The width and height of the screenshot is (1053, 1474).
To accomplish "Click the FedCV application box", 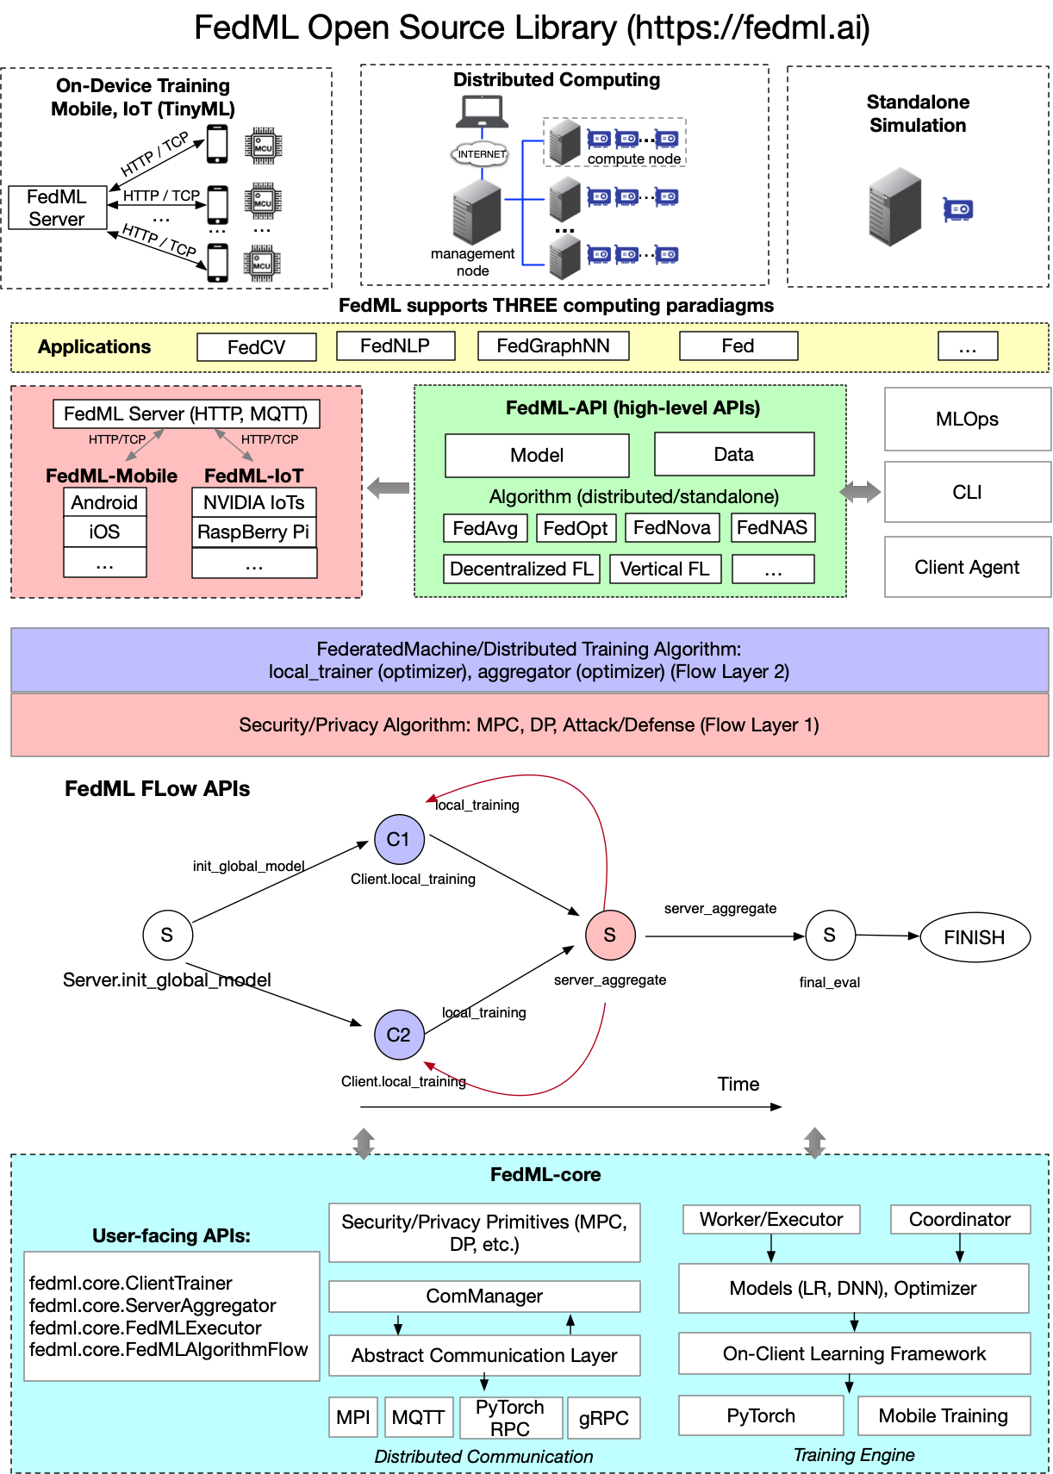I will [256, 347].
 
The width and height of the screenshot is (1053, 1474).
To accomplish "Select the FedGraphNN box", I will [552, 346].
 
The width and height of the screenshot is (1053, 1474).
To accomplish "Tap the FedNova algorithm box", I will [671, 528].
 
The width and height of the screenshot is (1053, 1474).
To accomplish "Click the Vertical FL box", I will [664, 569].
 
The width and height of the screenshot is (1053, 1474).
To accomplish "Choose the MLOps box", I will [967, 420].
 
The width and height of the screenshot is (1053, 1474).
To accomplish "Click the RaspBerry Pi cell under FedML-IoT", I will [253, 532].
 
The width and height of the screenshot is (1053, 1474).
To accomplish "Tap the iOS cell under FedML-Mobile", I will [104, 532].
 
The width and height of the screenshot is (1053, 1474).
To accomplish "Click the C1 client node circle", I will [399, 840].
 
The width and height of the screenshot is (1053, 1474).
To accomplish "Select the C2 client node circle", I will [399, 1035].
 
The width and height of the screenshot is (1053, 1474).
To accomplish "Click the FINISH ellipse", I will [975, 937].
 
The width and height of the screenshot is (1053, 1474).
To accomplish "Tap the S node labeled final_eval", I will [829, 936].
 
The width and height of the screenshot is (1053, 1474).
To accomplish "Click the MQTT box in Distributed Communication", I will [418, 1418].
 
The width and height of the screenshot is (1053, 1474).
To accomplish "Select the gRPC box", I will [603, 1418].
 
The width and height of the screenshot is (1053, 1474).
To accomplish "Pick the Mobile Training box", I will [943, 1416].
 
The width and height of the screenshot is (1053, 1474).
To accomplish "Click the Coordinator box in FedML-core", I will [959, 1220].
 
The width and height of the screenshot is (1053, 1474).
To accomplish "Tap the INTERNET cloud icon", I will [481, 154].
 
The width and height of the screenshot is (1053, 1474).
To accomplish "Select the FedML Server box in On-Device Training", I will [57, 208].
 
